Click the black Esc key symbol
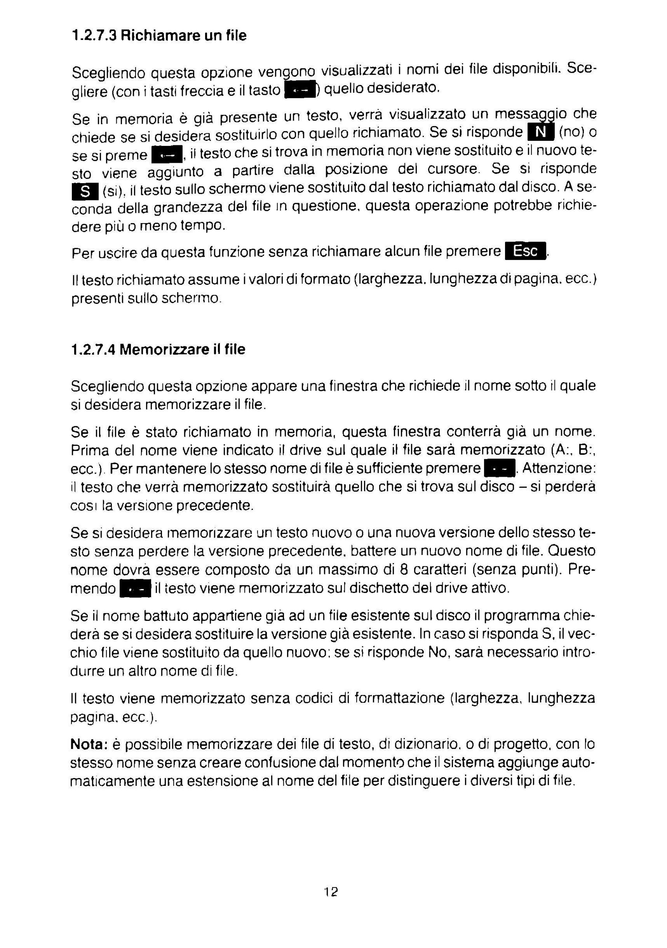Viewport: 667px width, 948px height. pyautogui.click(x=525, y=251)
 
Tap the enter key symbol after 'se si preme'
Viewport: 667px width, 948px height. pyautogui.click(x=167, y=155)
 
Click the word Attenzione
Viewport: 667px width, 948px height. pyautogui.click(x=558, y=468)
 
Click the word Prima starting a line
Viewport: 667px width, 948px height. pyautogui.click(x=90, y=450)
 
